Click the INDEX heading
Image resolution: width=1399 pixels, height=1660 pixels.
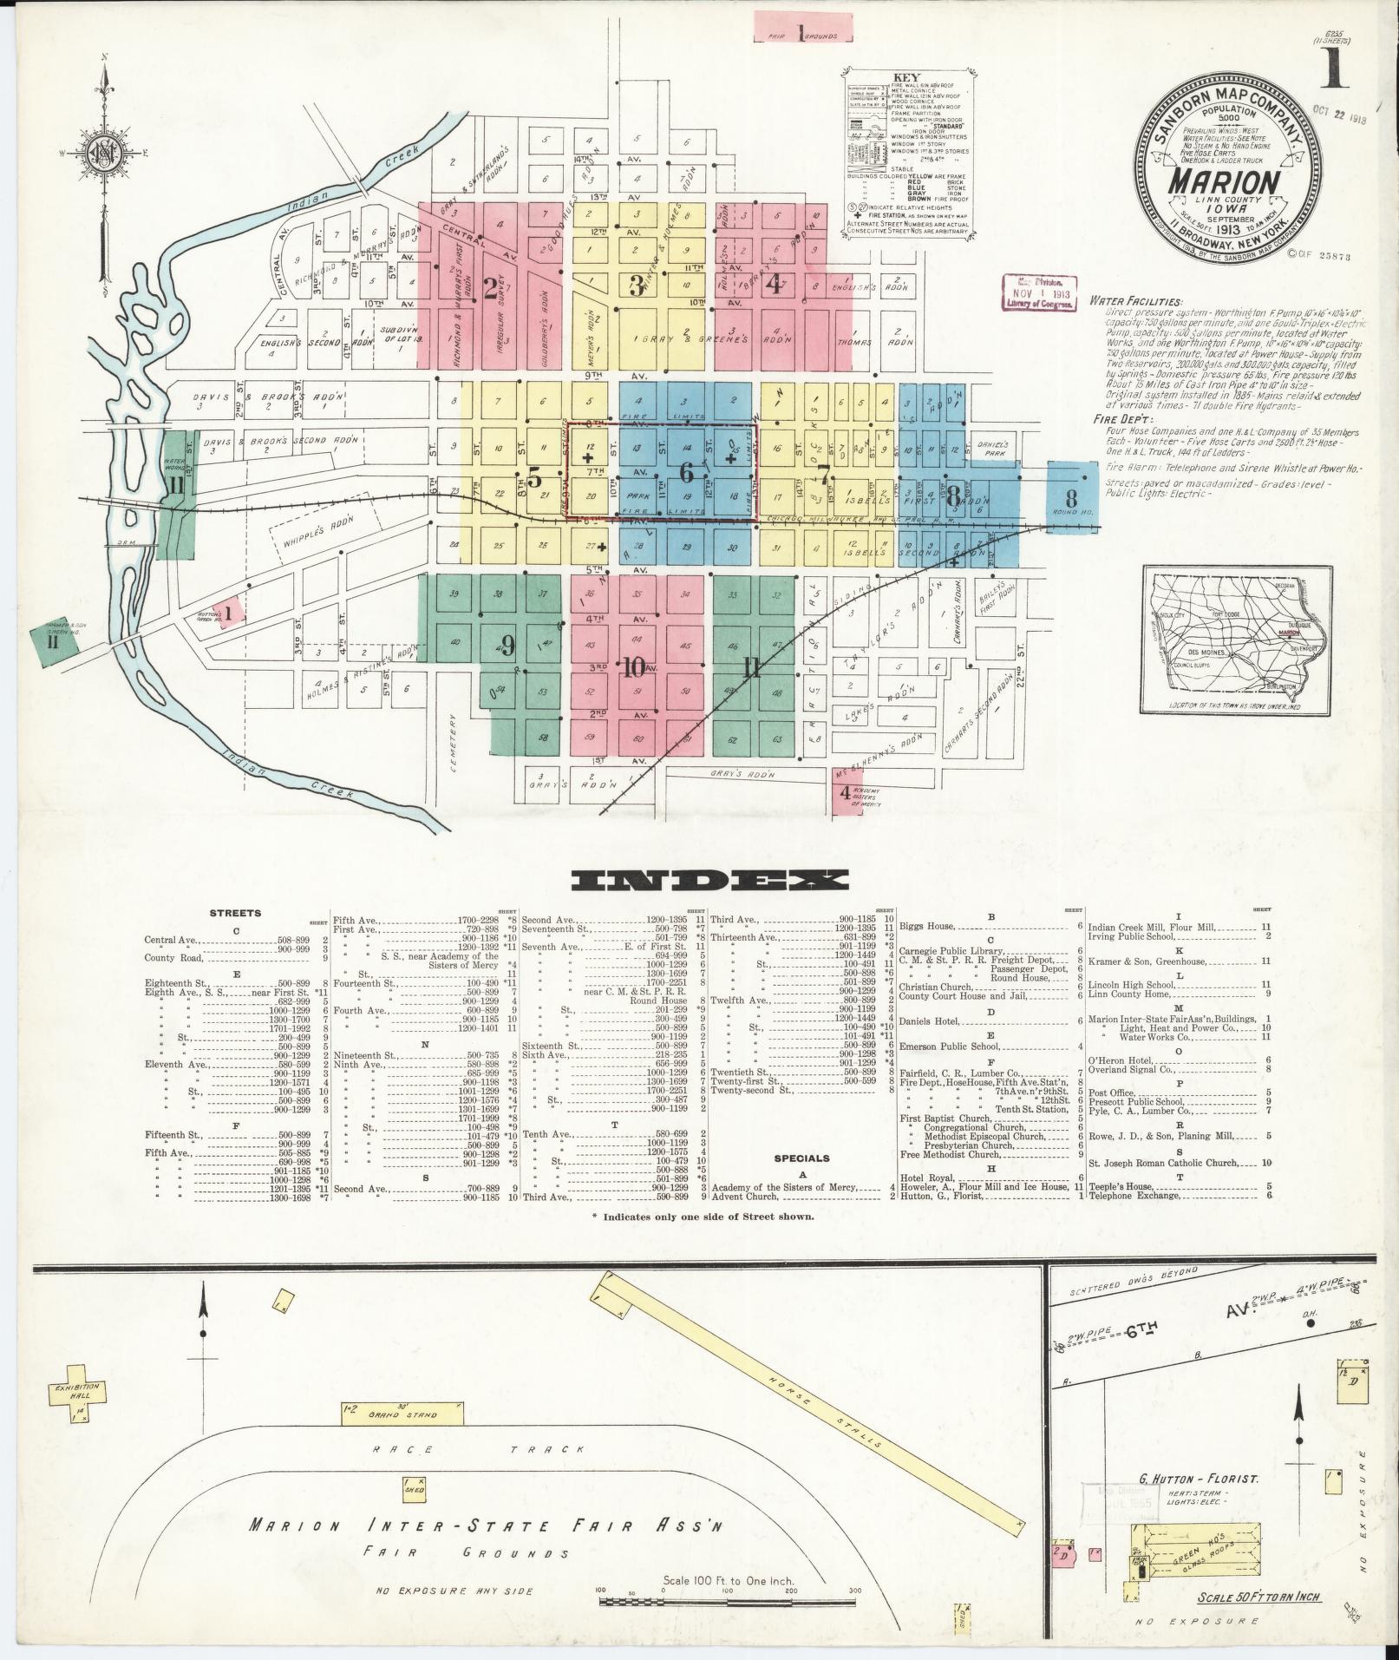tap(709, 881)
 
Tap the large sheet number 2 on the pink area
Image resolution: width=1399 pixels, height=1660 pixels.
tap(491, 288)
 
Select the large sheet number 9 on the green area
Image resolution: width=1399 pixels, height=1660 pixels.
tap(507, 645)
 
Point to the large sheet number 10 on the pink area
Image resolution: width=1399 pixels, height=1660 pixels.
tap(635, 666)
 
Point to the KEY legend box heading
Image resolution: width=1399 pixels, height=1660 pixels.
tap(905, 75)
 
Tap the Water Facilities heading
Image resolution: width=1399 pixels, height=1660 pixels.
tap(1125, 301)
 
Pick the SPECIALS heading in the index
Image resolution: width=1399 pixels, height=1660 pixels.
tap(802, 1158)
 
